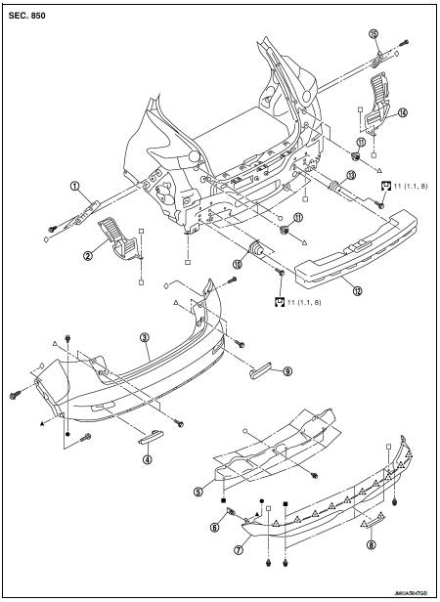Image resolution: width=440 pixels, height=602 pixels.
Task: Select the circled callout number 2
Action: [88, 256]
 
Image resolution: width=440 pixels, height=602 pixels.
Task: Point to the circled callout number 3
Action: [144, 338]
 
